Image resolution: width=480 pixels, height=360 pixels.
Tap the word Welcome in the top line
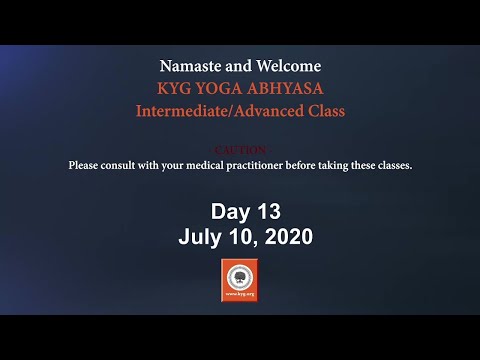pos(290,66)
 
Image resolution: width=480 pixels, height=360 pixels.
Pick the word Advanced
pos(271,111)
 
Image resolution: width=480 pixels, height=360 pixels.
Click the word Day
pos(228,211)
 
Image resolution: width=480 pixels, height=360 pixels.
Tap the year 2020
pos(285,237)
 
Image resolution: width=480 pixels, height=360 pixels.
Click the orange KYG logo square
pos(240,280)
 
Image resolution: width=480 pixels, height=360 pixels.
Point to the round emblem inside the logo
pos(240,277)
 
